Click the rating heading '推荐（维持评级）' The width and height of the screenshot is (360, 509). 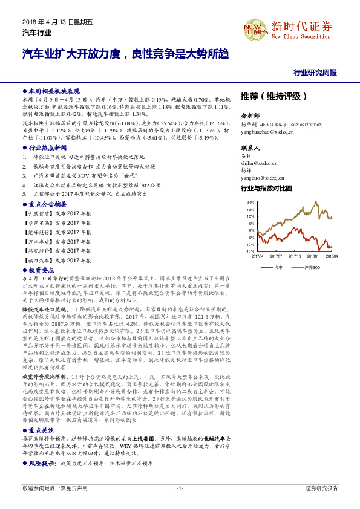click(273, 96)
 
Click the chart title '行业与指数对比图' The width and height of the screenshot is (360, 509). click(266, 189)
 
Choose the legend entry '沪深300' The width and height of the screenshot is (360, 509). click(310, 266)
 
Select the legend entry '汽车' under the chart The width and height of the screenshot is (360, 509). click(278, 266)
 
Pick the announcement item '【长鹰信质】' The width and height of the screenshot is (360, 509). click(34, 213)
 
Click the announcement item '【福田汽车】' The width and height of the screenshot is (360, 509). click(34, 260)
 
